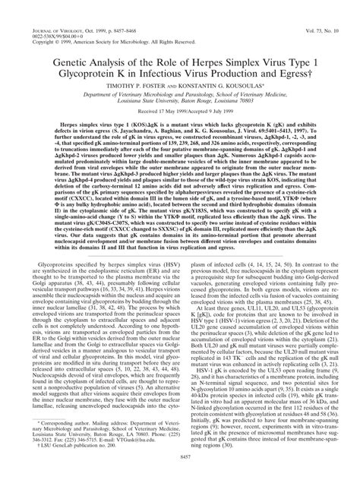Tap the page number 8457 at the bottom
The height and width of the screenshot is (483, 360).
(179, 475)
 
